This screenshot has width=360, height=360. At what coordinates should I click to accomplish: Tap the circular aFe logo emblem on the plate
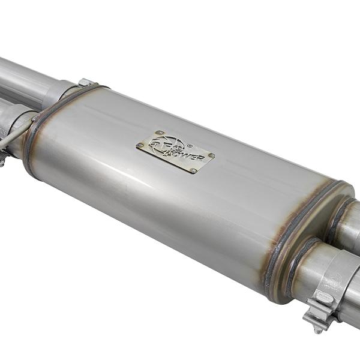pyautogui.click(x=161, y=145)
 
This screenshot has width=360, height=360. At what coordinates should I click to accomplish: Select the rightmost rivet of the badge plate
pyautogui.click(x=211, y=156)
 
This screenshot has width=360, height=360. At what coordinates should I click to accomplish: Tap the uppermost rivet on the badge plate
pyautogui.click(x=159, y=133)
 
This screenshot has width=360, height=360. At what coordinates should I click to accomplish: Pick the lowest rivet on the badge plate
pyautogui.click(x=193, y=170)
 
